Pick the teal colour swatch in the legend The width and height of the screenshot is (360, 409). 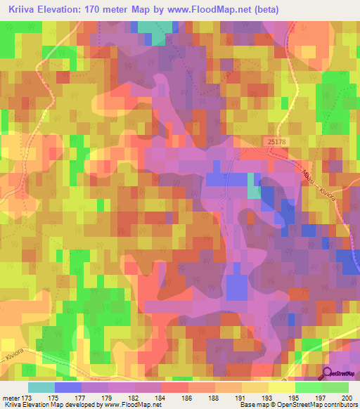point(41,387)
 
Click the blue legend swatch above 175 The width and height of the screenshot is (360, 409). point(67,387)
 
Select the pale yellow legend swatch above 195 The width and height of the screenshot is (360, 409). point(281,387)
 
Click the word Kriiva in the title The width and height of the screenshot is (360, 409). point(24,10)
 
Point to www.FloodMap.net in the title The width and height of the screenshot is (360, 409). point(212,10)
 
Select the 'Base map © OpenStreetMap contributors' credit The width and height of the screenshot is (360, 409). point(298,405)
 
